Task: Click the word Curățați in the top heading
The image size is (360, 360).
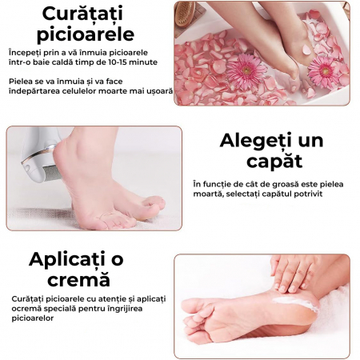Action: pos(82,14)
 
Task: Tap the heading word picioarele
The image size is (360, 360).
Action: pos(86,34)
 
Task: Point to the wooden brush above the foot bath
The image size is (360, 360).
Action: pos(185,14)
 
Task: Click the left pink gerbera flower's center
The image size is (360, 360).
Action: pos(246,70)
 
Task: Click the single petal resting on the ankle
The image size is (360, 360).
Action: pos(306,50)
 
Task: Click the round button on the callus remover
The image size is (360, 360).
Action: pos(27,168)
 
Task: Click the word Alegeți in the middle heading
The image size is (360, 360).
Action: pos(254,141)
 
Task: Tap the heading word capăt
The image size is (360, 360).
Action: pos(274,162)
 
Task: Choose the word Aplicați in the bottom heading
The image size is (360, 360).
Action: pos(67,259)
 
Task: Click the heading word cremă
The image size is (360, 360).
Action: pos(79,279)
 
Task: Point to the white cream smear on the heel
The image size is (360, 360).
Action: pos(294,303)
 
